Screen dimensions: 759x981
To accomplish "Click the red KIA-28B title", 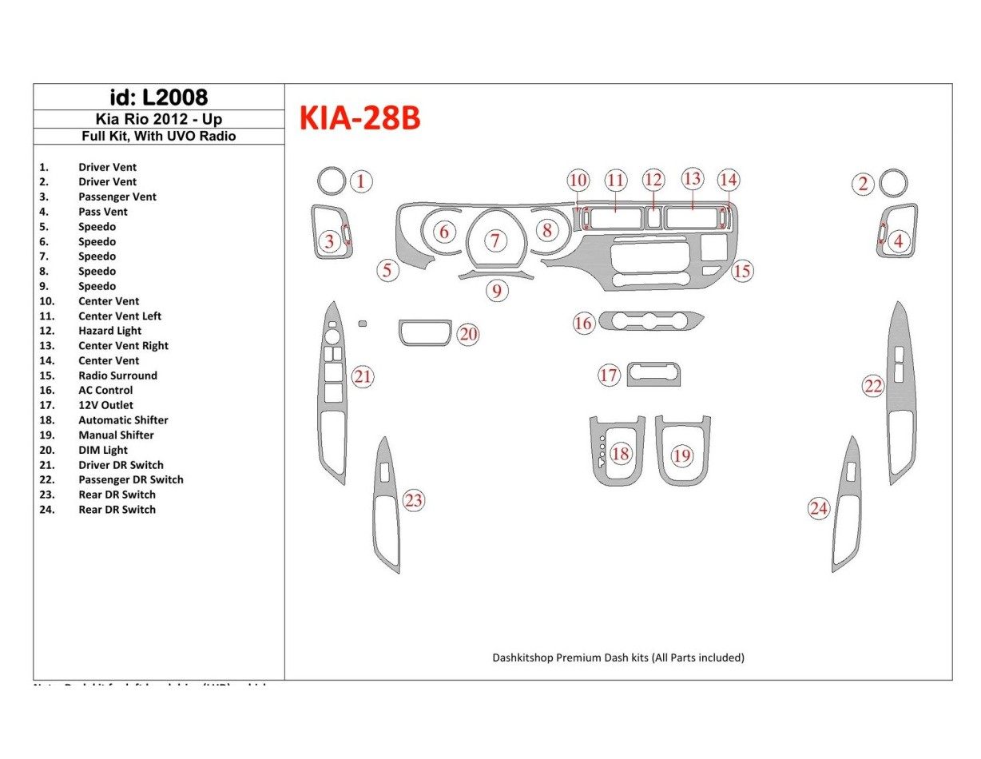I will (359, 119).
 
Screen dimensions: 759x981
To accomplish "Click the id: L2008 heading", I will (158, 97).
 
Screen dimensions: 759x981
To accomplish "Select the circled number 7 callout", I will (495, 240).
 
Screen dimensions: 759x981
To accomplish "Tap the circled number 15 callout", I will (742, 271).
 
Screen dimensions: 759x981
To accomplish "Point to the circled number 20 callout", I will (468, 334).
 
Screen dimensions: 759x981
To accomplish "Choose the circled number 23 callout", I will (413, 501).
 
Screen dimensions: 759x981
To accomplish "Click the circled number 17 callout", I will (609, 375).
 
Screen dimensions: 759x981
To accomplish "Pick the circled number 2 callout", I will (863, 185).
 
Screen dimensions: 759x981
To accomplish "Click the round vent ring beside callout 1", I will (330, 182).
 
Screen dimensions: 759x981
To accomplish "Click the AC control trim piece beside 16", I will (651, 322).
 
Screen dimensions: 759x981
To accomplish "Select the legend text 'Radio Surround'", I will (117, 376).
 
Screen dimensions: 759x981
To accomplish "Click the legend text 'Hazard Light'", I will (109, 331).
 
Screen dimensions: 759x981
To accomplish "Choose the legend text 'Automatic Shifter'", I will (123, 420).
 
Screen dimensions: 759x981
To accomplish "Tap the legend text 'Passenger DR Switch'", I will (130, 479).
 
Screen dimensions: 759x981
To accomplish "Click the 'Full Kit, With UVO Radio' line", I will (158, 136).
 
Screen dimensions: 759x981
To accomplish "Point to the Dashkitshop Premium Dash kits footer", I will (618, 658).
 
